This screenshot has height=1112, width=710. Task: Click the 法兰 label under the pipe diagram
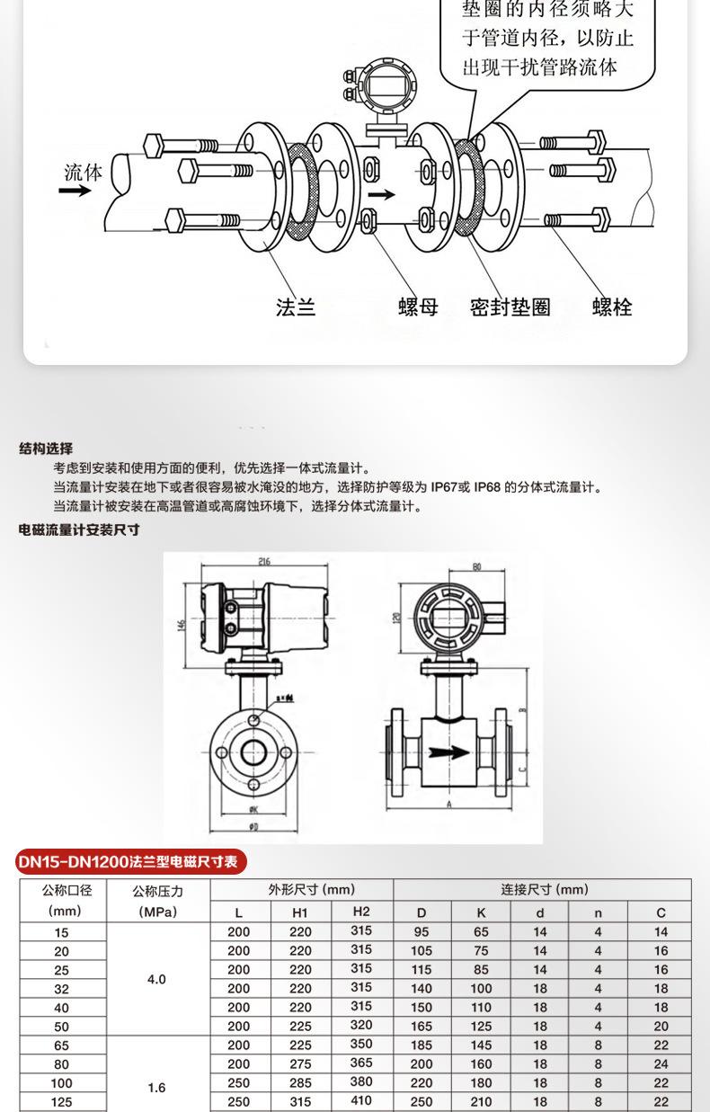(296, 307)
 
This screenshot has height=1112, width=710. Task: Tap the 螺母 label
(418, 307)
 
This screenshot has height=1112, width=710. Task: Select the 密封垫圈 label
(510, 307)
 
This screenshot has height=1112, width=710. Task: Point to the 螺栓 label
(612, 307)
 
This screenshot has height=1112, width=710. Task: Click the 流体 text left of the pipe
(83, 172)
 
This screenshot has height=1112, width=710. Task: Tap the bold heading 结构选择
(46, 449)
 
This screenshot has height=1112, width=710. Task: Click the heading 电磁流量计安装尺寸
(79, 530)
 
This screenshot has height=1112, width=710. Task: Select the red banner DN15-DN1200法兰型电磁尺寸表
(131, 862)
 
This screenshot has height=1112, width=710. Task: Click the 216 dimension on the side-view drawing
(264, 562)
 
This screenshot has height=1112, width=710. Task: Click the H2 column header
(360, 912)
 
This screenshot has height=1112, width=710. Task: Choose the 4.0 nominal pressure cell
(156, 979)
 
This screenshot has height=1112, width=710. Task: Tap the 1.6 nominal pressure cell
(156, 1088)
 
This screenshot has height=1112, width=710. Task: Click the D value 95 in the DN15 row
(422, 932)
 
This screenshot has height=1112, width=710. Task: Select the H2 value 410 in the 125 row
(360, 1102)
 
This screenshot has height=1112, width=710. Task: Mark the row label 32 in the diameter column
(61, 989)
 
